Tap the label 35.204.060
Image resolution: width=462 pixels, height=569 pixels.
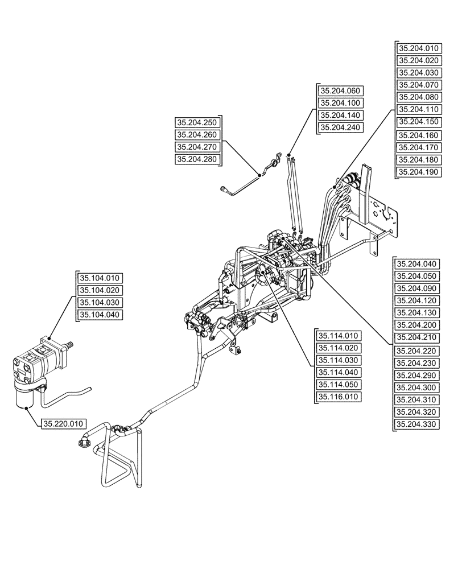coord(341,91)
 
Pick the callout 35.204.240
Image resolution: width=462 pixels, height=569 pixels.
coord(341,128)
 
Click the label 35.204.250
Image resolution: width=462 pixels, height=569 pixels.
coord(197,122)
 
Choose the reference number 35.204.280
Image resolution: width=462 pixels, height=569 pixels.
coord(197,159)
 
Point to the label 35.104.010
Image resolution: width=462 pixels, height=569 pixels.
coord(101,278)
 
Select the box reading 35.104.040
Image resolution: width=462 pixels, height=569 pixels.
coord(101,315)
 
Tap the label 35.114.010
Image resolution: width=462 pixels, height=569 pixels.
coord(338,336)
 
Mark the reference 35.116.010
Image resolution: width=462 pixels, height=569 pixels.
coord(338,397)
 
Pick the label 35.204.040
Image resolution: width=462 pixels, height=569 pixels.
coord(417,264)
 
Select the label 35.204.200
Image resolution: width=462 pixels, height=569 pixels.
coord(417,325)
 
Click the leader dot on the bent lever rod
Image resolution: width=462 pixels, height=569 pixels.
coord(260,176)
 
